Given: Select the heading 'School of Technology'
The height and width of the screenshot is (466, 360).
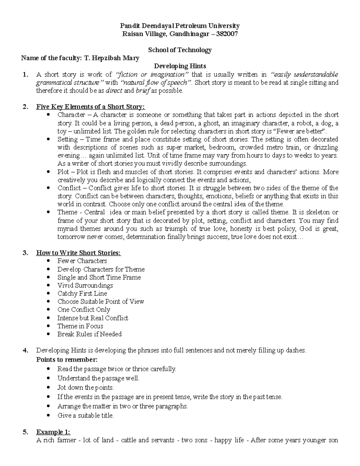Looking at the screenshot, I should [180, 50].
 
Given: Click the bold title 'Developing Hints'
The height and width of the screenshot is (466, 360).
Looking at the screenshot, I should [180, 66].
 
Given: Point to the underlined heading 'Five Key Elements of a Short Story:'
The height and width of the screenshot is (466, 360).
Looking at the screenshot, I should [90, 107].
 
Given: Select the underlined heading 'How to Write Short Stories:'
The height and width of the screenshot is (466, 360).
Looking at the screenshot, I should [78, 253].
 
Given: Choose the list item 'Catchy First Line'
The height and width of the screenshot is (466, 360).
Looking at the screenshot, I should [82, 293].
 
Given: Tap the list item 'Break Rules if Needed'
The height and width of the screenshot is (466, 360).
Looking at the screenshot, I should [89, 334].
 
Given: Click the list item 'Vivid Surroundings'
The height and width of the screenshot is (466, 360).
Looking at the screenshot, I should [85, 285].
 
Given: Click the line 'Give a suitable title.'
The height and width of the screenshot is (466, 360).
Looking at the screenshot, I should [85, 416].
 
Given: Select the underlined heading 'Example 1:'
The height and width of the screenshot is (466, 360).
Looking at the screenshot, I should [53, 432].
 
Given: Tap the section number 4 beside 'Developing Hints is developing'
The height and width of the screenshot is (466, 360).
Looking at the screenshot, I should [25, 350].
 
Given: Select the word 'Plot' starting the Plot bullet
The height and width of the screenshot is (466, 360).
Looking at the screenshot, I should [63, 172].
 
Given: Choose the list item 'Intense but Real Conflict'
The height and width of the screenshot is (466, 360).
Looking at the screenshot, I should [93, 318].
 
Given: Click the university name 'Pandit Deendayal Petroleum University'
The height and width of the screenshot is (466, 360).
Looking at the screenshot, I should [180, 26].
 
